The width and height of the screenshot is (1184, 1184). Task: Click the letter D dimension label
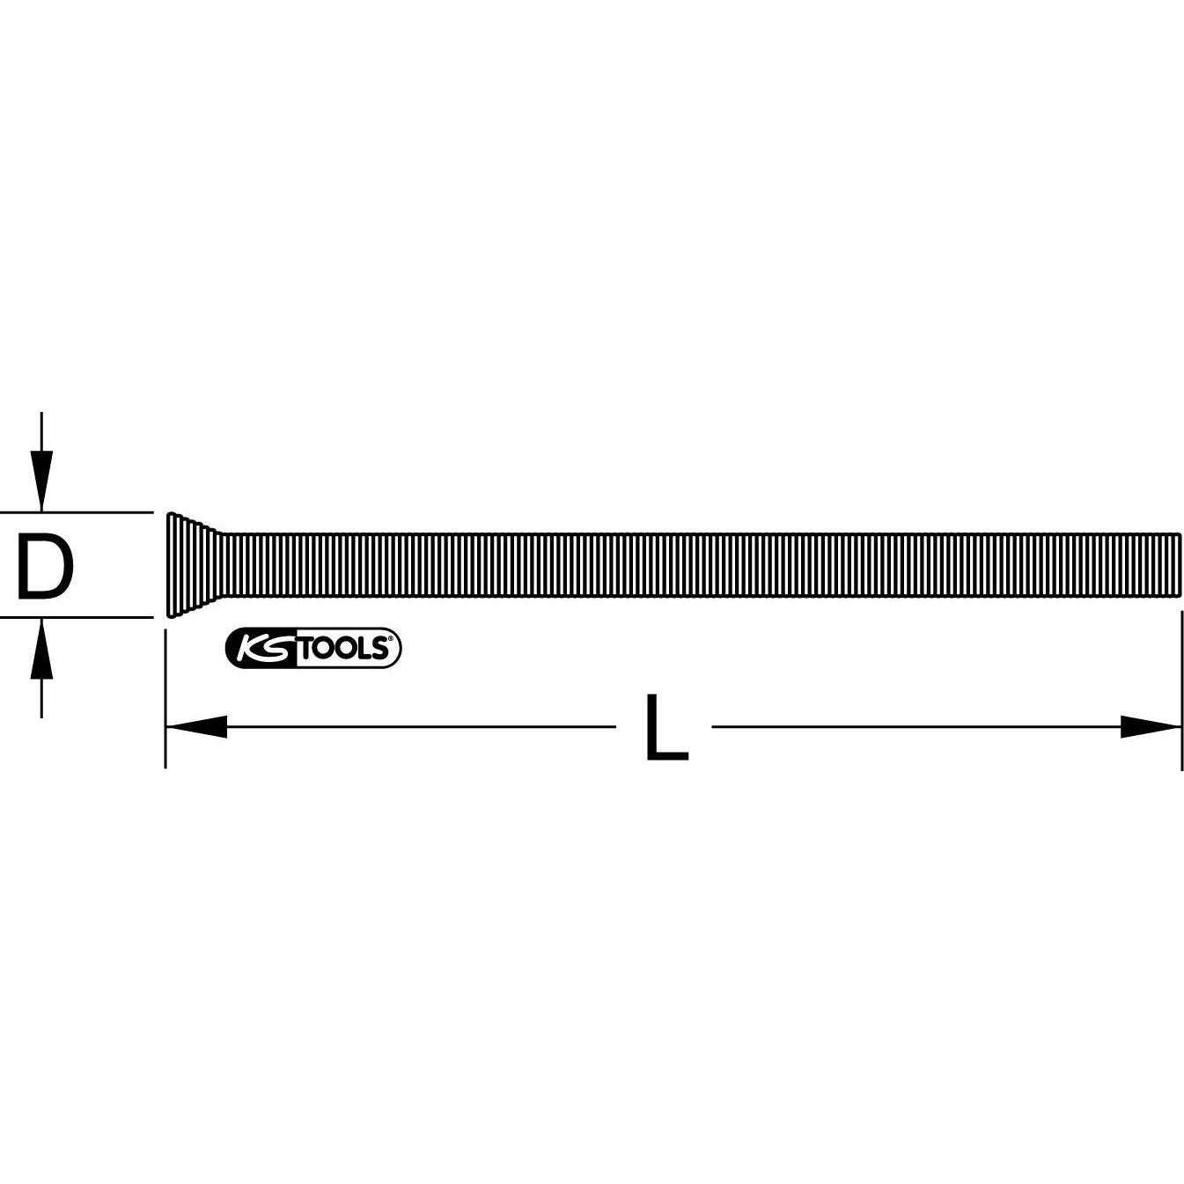click(45, 568)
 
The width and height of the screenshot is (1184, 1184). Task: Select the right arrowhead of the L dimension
click(1150, 727)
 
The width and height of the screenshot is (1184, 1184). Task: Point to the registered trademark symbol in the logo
click(389, 638)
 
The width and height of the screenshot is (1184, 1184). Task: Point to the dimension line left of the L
click(423, 727)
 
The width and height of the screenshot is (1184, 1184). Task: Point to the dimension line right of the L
click(916, 727)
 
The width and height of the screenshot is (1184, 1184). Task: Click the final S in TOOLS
click(379, 649)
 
